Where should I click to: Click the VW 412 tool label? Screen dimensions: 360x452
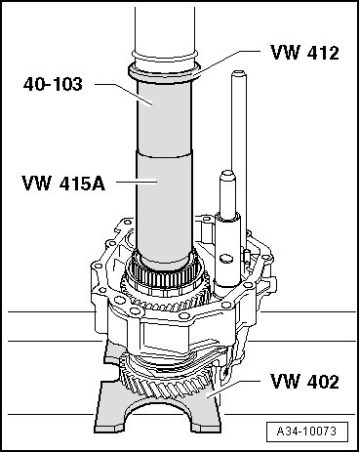click(x=304, y=52)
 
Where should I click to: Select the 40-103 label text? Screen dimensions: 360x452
click(x=53, y=84)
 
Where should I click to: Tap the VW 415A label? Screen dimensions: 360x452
click(x=63, y=184)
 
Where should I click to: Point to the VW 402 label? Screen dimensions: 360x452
click(x=304, y=381)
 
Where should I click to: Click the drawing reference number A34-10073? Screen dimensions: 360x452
click(x=306, y=431)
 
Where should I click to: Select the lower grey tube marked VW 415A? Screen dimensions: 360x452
click(x=165, y=207)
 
